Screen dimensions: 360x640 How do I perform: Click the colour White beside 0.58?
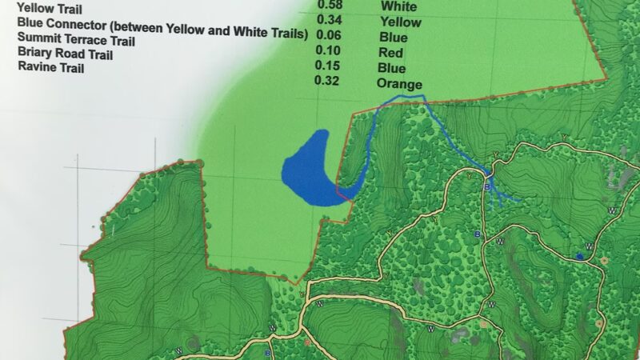coord(398,7)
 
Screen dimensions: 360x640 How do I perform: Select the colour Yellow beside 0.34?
coord(400,22)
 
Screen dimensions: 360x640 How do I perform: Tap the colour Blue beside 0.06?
coord(394,37)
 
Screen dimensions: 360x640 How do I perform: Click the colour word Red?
coord(391,53)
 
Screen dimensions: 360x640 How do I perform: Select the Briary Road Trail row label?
coord(65,54)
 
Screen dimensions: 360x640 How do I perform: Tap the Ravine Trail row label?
coord(50,69)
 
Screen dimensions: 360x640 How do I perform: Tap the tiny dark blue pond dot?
coord(578,256)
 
